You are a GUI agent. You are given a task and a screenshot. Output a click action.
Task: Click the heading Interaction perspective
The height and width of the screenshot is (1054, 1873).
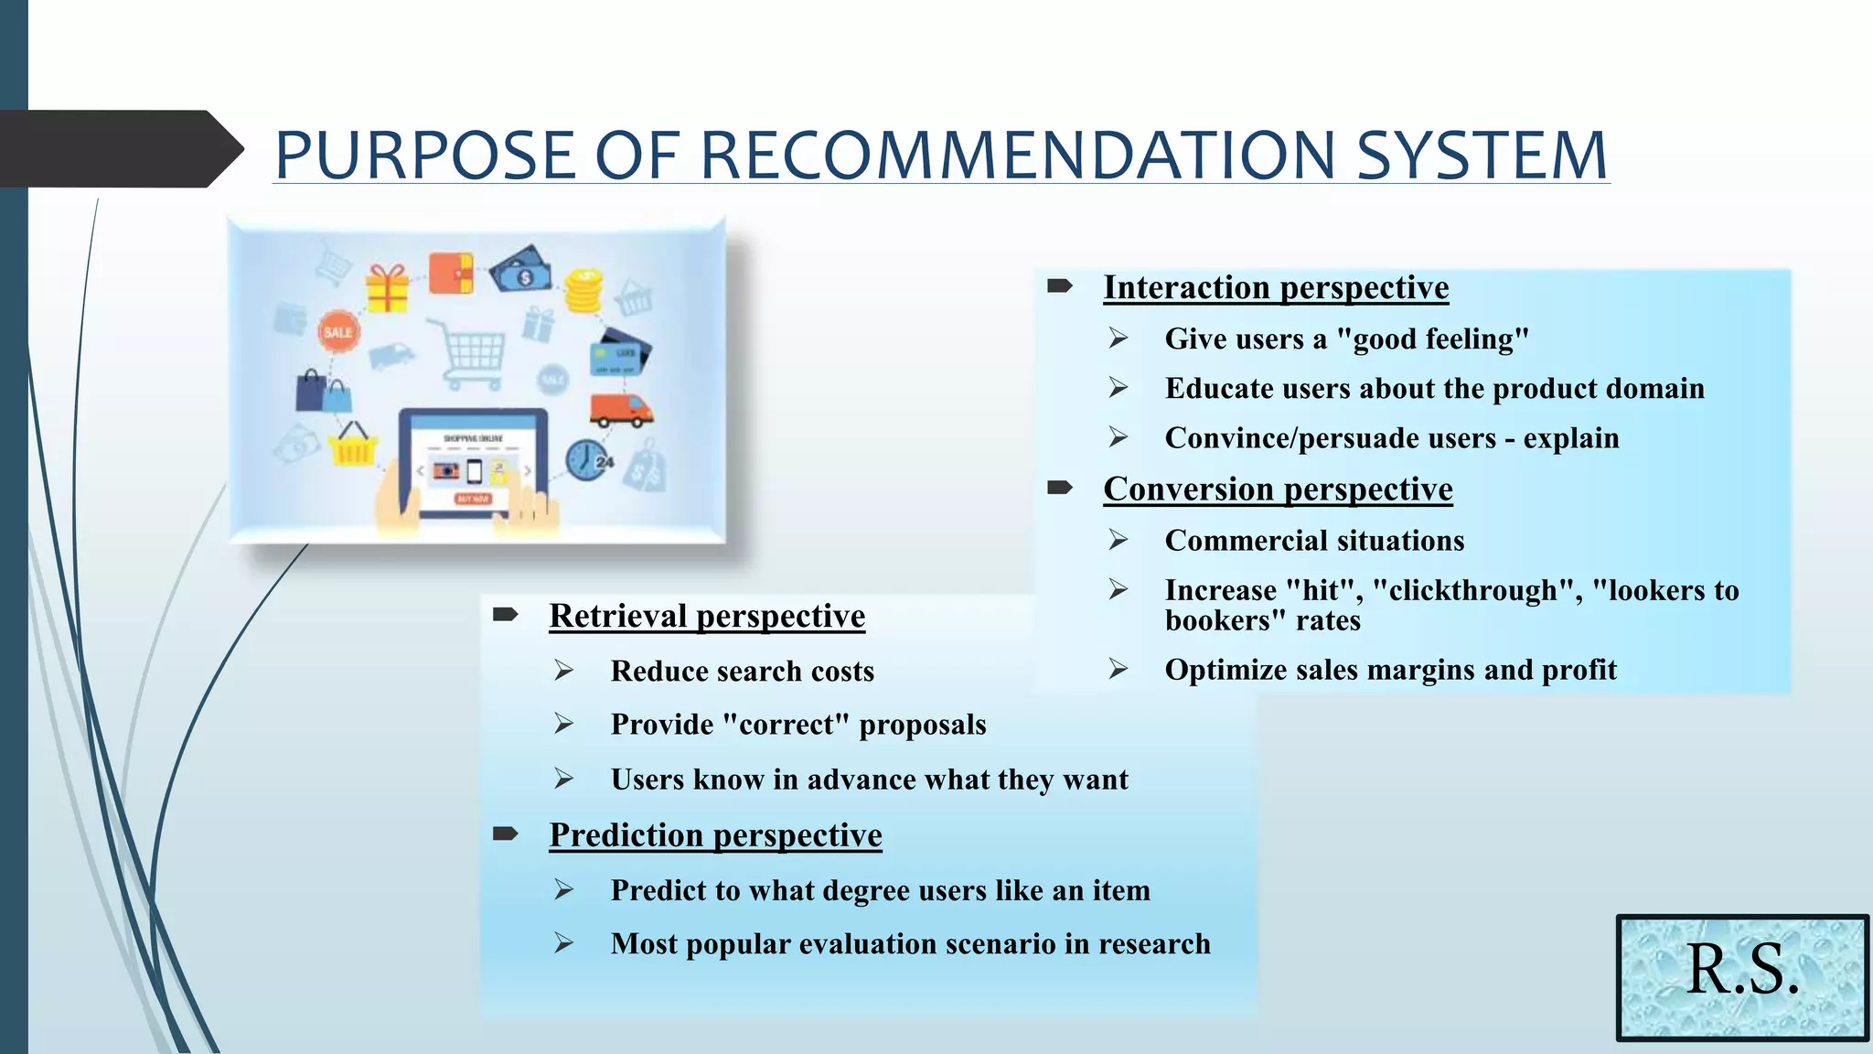(x=1276, y=288)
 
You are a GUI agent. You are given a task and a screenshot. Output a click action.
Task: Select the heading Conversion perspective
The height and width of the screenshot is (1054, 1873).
(x=1278, y=489)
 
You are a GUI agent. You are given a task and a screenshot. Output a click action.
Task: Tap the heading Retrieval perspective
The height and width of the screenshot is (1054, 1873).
(x=707, y=616)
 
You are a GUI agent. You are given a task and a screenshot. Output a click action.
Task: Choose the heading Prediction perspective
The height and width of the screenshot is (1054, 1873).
(x=715, y=835)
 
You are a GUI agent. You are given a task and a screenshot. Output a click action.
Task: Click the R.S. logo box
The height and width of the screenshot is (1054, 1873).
(x=1742, y=977)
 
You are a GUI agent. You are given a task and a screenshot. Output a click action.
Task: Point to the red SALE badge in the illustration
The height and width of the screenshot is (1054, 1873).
(x=337, y=332)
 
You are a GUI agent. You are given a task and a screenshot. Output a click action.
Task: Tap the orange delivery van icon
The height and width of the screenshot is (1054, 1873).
(x=621, y=410)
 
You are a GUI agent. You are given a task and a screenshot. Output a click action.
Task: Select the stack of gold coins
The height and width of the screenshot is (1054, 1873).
(x=583, y=291)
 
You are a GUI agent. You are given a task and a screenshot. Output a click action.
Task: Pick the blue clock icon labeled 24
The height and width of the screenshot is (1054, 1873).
(x=587, y=460)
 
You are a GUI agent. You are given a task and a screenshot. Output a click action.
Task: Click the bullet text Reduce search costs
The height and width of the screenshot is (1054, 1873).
(x=742, y=672)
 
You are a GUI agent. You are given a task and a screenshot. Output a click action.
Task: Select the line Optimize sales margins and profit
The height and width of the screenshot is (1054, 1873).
(x=1390, y=670)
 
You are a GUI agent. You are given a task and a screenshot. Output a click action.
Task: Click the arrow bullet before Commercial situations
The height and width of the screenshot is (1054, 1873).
(x=1118, y=541)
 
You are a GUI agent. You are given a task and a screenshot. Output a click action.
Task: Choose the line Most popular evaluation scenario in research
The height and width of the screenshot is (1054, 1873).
(x=910, y=944)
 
